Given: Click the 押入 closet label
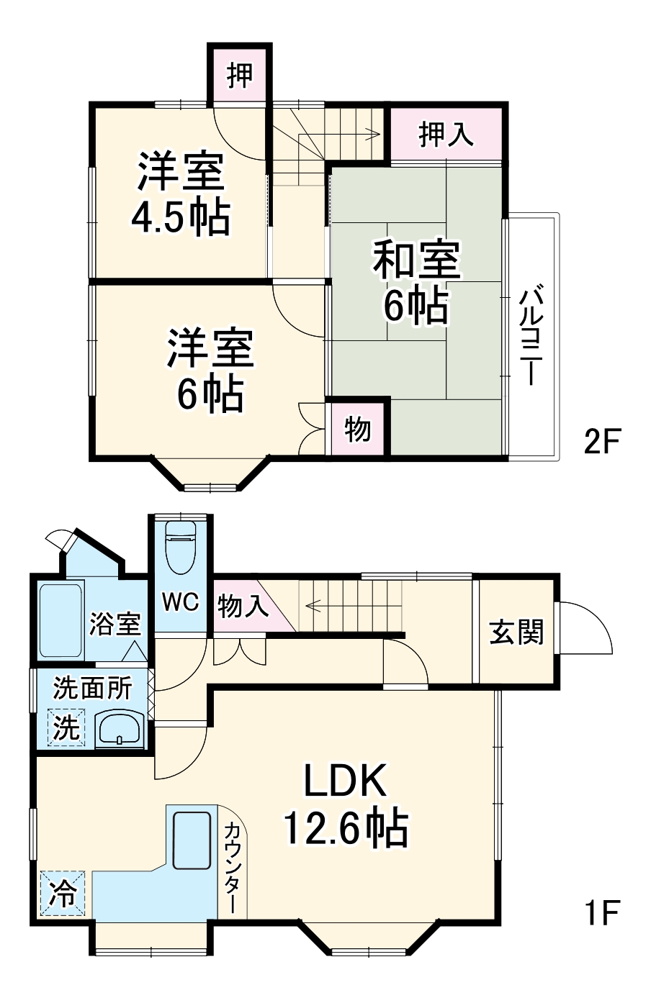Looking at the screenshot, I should [446, 135].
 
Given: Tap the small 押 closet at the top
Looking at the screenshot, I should [240, 75].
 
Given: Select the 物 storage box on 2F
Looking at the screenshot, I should [358, 430].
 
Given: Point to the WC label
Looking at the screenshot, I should [180, 602].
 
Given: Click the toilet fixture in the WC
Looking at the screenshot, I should [180, 548].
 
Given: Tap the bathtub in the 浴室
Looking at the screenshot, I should [61, 620].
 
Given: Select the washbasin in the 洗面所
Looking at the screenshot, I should [120, 728].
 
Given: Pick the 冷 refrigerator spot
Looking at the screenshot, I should [63, 894].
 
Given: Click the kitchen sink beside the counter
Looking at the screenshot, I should [192, 842].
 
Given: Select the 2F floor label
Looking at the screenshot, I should [601, 442].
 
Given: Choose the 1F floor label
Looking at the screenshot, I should [601, 913].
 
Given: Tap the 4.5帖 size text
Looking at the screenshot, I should [180, 218].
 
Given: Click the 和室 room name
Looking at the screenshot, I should [416, 260].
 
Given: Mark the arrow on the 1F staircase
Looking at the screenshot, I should [317, 605].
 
